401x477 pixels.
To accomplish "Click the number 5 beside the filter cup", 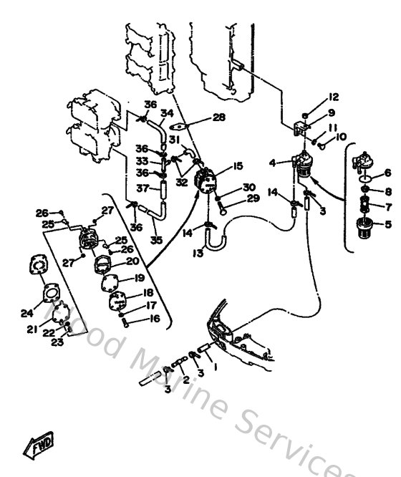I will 387,224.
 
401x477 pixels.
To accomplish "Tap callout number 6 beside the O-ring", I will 387,173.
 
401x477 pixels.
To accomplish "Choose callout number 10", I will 341,136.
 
